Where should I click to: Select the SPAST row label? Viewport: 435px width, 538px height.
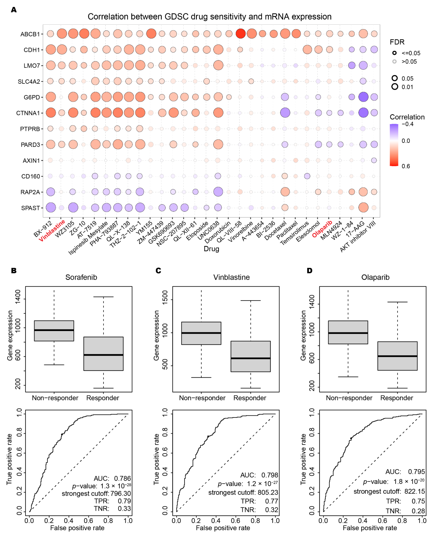tap(30, 208)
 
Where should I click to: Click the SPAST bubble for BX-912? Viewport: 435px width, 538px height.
tap(51, 207)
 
